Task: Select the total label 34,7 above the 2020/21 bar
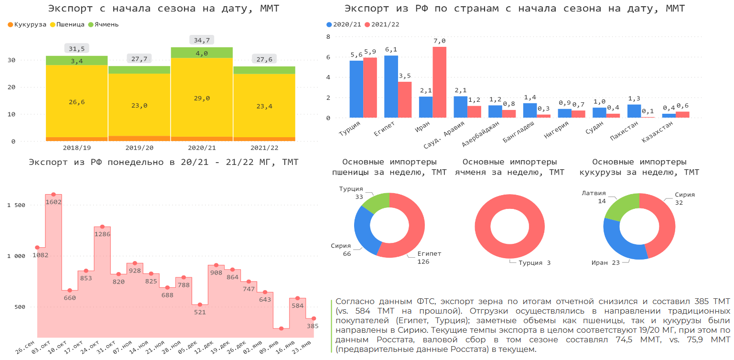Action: point(202,40)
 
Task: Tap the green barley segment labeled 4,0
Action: point(202,53)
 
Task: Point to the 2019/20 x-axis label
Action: point(139,148)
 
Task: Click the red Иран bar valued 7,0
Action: point(439,82)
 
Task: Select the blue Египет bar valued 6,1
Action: point(391,87)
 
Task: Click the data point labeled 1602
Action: point(54,195)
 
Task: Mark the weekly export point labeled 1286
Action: point(102,227)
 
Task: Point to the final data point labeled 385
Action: point(313,318)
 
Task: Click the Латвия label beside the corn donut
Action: point(594,194)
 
